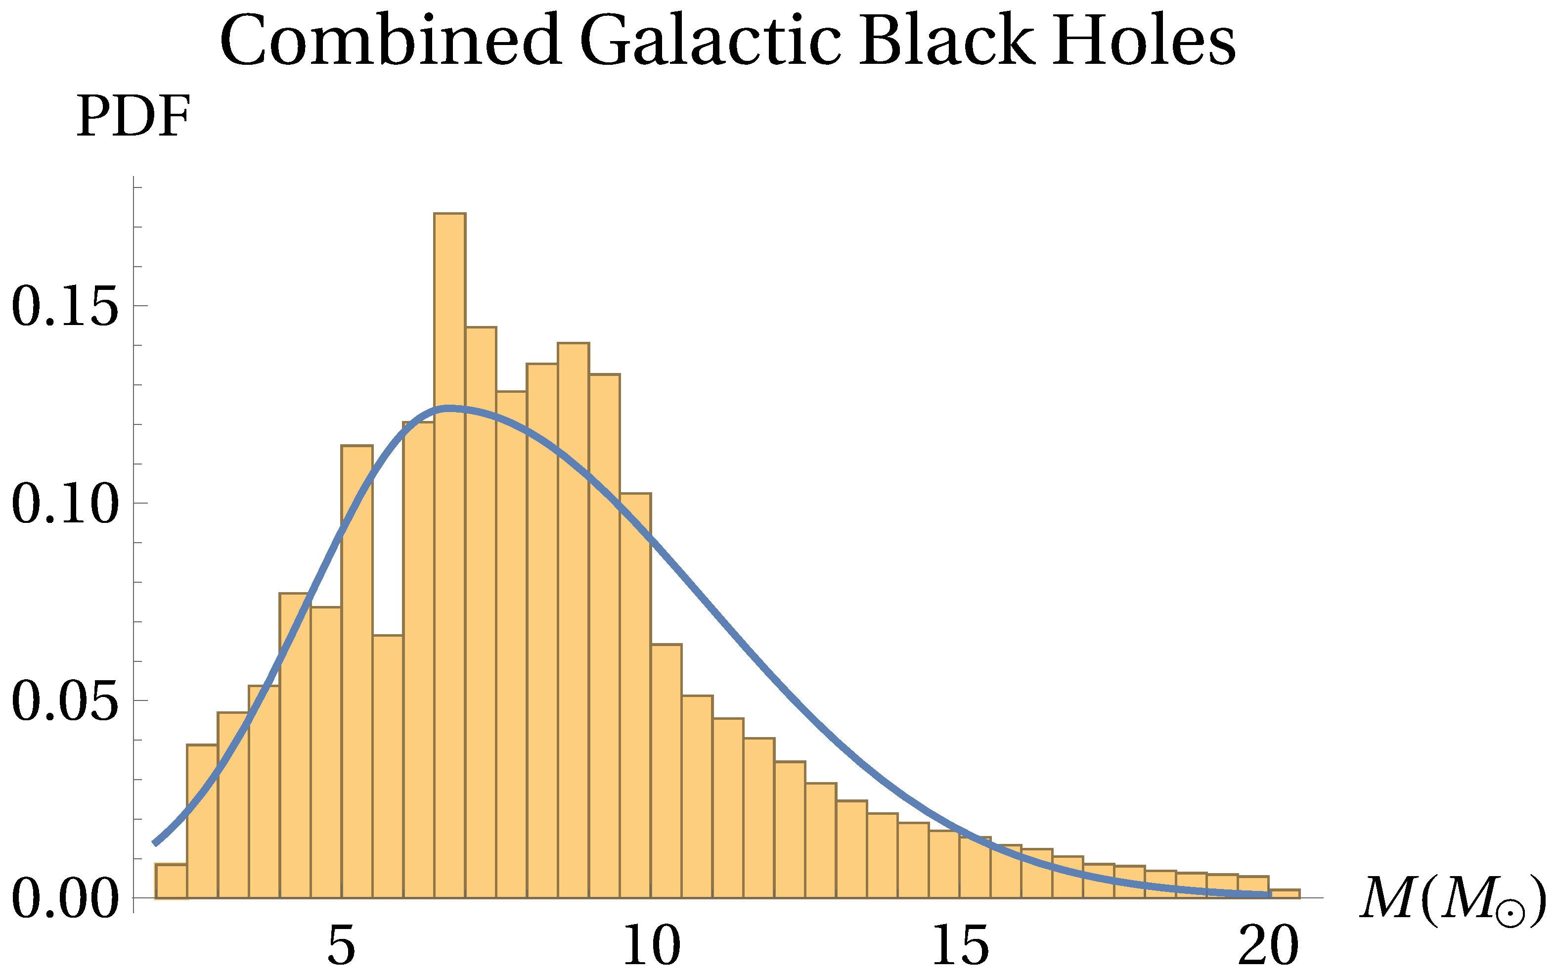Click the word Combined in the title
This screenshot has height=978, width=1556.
tap(390, 40)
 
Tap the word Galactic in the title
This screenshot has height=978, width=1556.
tap(711, 40)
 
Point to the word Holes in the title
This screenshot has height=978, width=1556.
tap(1144, 40)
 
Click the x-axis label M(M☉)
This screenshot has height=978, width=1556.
tap(1454, 899)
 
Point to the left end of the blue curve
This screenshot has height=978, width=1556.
tap(155, 843)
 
